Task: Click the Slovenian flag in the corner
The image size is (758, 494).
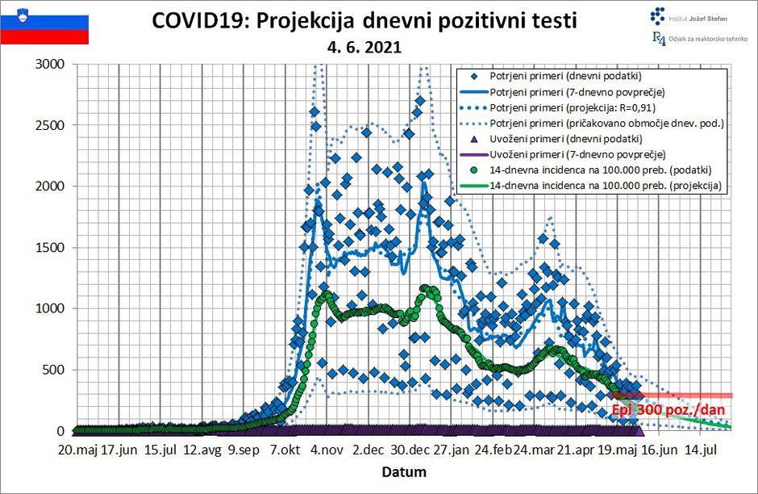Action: tap(44, 24)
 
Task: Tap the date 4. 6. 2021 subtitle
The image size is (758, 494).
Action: tap(364, 48)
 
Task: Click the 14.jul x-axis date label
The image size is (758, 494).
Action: tap(702, 450)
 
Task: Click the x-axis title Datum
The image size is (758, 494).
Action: tap(404, 471)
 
